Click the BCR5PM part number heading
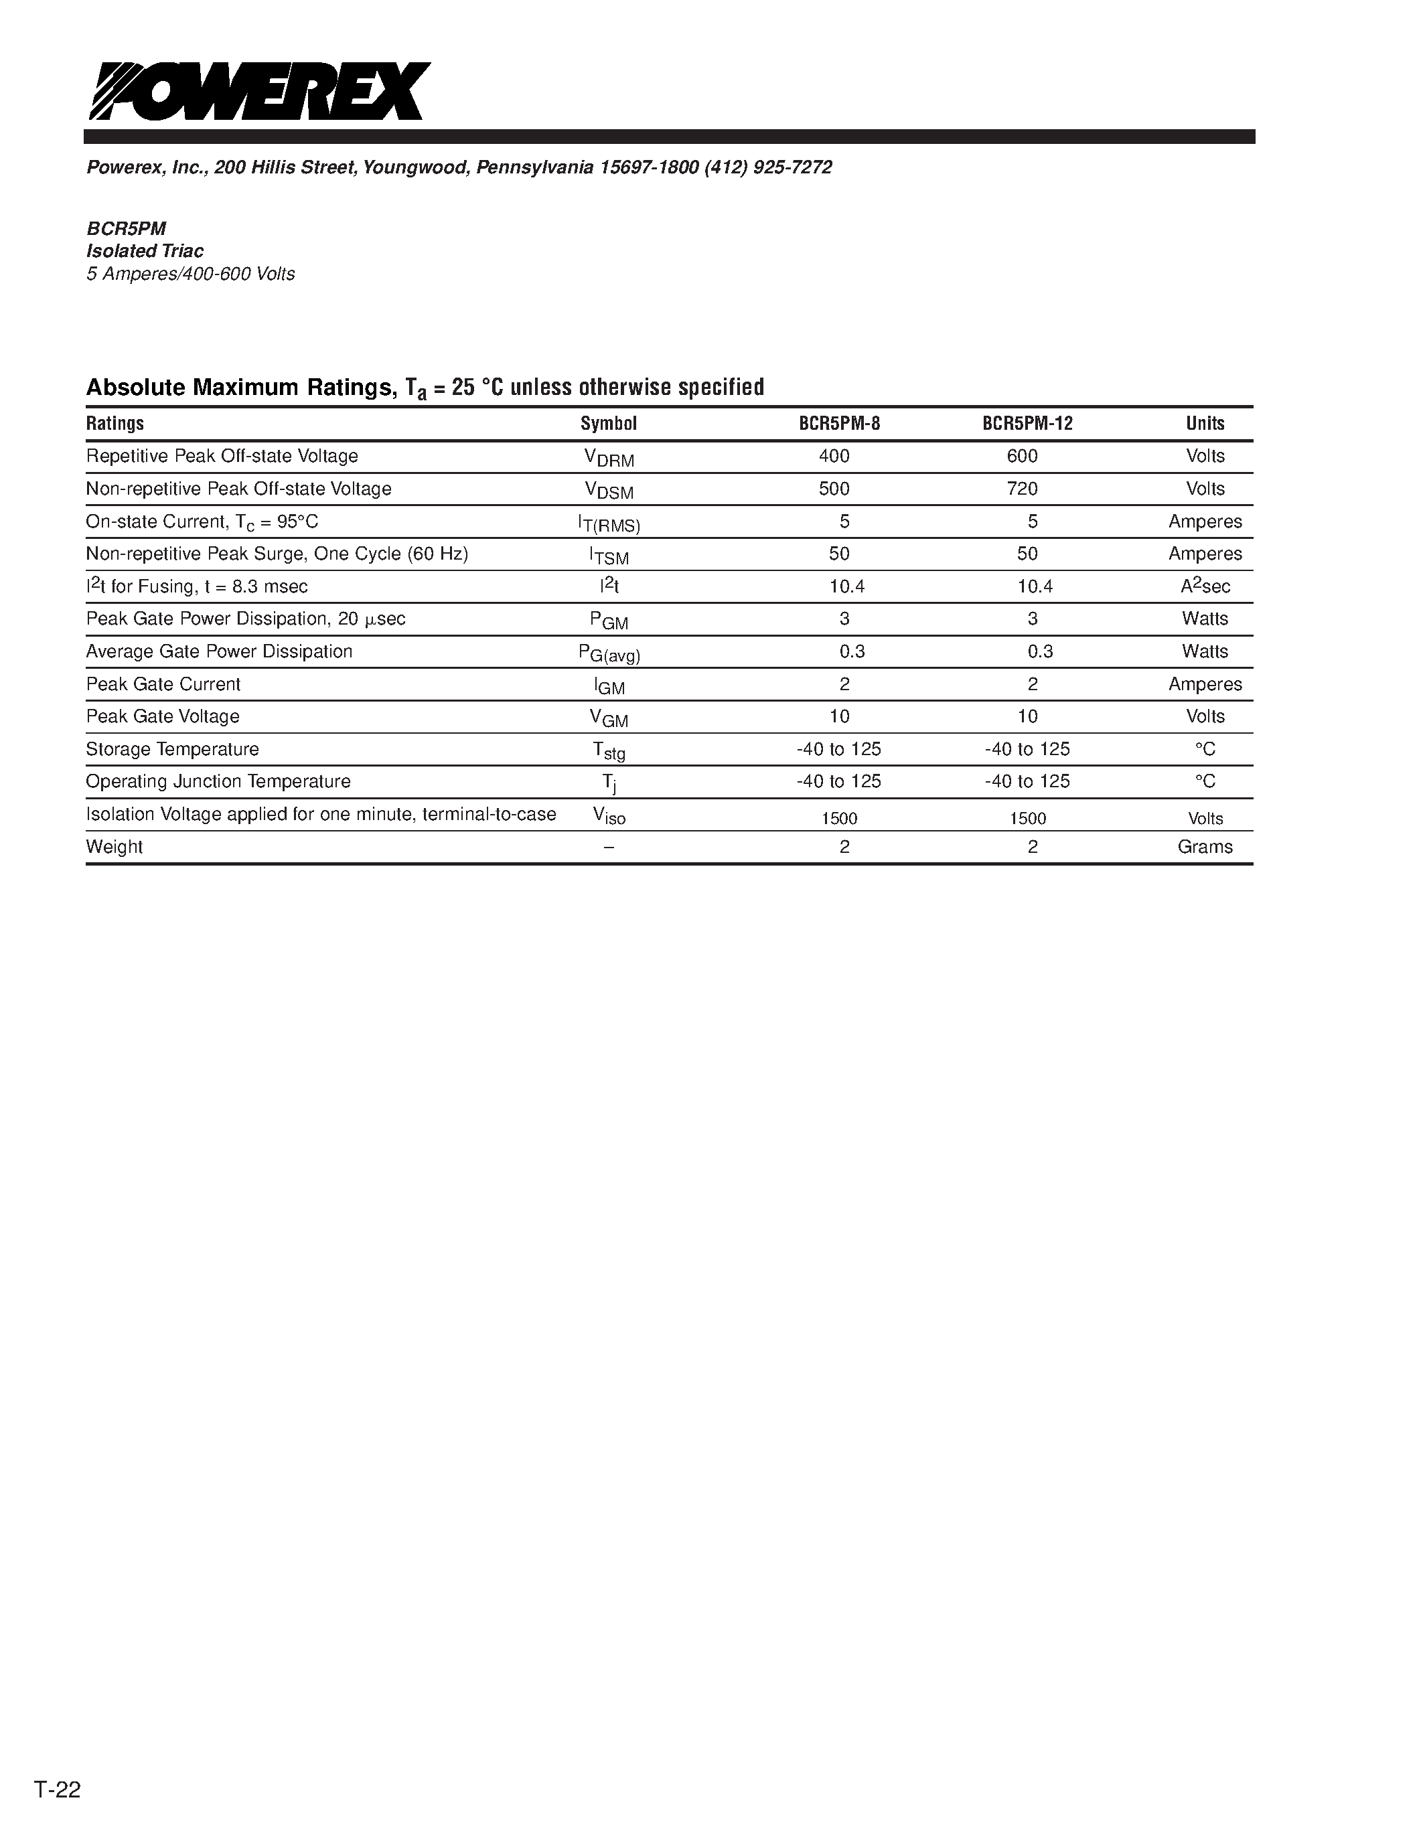127,228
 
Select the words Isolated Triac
145,251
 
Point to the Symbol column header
608,423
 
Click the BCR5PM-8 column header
839,423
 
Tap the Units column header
1205,423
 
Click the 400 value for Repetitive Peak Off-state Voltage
834,456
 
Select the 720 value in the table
1022,489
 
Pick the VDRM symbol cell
609,458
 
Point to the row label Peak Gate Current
163,684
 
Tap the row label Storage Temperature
172,749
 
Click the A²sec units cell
1205,586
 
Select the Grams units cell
1205,847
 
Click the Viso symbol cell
609,815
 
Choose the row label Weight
114,847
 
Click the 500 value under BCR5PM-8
834,489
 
